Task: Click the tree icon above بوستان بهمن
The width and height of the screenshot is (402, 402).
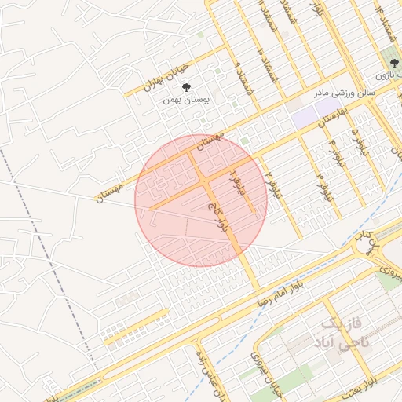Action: tap(186, 87)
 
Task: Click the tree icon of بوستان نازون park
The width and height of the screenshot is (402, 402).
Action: tap(391, 60)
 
